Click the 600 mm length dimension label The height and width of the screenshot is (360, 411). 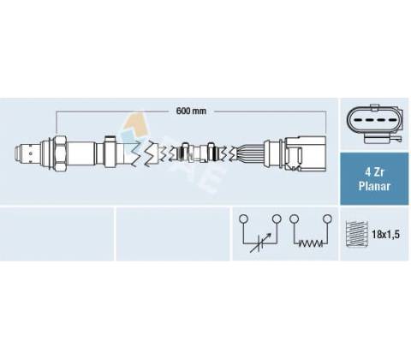point(191,111)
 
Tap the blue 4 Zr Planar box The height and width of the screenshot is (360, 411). point(374,179)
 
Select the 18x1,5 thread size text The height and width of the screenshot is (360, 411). point(385,235)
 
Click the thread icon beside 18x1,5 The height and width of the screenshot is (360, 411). point(357,234)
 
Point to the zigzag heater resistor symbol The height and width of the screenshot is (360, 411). point(311,243)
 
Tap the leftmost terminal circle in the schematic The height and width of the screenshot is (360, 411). point(243,219)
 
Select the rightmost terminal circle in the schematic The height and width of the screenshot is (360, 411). point(327,219)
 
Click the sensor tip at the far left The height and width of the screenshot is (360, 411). point(21,153)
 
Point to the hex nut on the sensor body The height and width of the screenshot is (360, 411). point(60,153)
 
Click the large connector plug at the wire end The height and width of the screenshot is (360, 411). point(305,153)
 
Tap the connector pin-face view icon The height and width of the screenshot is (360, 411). point(375,123)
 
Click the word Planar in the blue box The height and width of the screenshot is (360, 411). point(374,186)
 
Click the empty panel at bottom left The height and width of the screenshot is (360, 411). point(57,234)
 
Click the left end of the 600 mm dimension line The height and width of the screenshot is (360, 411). point(57,111)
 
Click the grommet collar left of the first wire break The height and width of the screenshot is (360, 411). point(110,152)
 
